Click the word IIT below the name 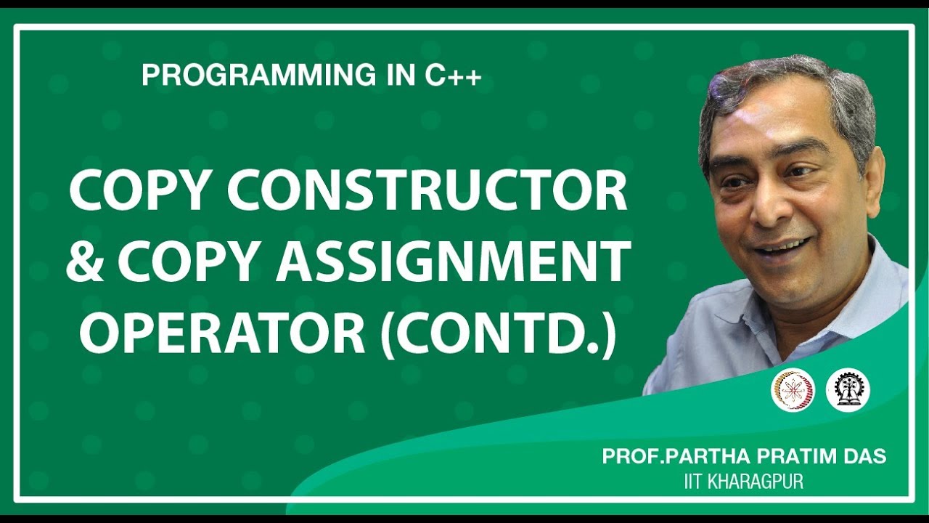694,481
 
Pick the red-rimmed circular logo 793,390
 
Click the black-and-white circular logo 848,390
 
